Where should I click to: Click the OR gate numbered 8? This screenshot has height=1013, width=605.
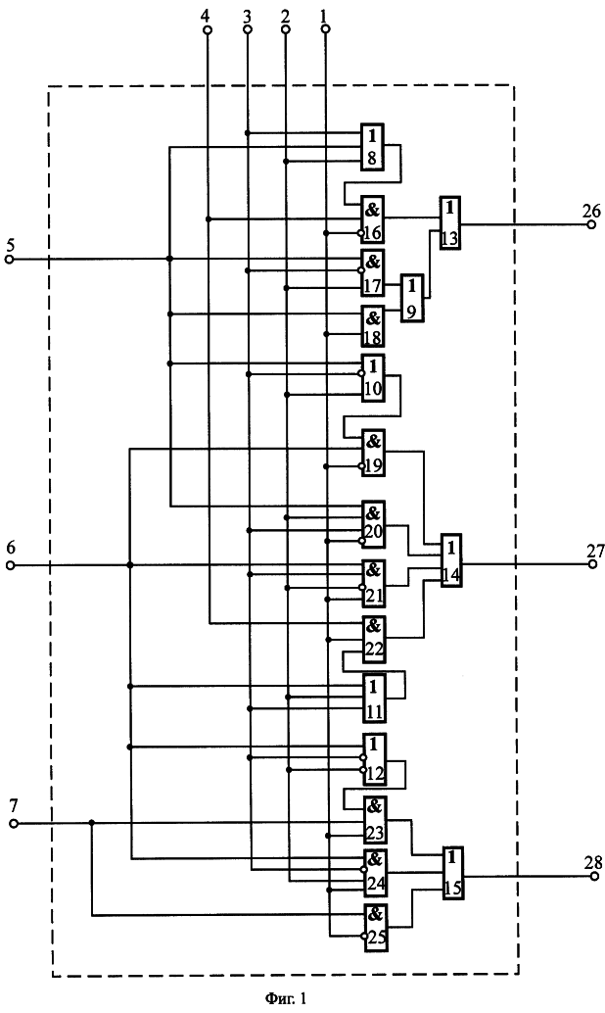coord(373,147)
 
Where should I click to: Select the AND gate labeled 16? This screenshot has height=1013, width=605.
coord(373,219)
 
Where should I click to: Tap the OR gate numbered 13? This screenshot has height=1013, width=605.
coord(450,222)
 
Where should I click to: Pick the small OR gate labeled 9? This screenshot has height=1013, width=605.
coord(412,299)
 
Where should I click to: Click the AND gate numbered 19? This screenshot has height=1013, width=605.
coord(373,453)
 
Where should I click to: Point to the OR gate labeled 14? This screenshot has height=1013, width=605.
coord(451,560)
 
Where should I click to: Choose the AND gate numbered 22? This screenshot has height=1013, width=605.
coord(374,640)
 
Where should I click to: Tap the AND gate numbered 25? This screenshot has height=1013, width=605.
coord(376,928)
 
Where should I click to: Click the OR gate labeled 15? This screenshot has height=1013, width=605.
coord(453,873)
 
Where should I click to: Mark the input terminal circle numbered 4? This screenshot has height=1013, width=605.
coord(208,29)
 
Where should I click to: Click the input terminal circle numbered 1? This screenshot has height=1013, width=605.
coord(325,29)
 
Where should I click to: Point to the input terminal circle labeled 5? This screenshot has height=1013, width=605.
coord(9,259)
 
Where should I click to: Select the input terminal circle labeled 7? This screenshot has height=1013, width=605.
coord(14,824)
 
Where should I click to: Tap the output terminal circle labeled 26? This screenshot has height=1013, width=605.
coord(591,224)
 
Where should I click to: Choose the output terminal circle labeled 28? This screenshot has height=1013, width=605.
coord(594,876)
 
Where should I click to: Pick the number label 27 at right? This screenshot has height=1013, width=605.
coord(595,552)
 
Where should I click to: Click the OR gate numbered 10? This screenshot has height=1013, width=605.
coord(373,378)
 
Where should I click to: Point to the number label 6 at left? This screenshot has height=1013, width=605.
coord(11,548)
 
